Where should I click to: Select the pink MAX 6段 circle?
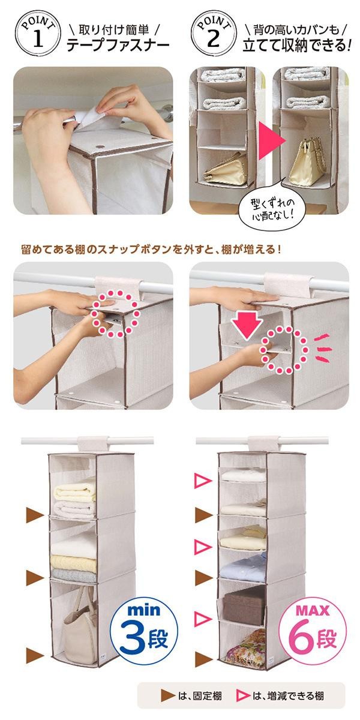click(x=313, y=627)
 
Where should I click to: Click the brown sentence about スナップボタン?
click(x=151, y=250)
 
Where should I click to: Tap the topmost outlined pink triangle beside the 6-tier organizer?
click(x=203, y=481)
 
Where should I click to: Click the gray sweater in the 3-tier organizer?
click(x=74, y=575)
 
